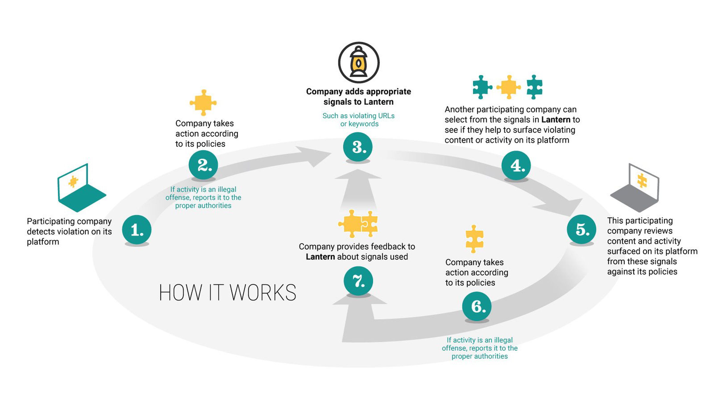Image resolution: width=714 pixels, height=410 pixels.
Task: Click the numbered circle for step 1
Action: (x=137, y=230)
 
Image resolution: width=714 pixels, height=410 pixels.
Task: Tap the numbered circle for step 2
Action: (x=203, y=165)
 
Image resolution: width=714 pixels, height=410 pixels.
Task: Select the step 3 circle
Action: (x=358, y=147)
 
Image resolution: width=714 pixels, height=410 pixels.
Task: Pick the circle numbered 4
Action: (x=516, y=165)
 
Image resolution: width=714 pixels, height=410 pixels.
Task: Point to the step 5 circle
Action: (x=581, y=229)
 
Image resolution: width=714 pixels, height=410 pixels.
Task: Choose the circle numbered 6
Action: (x=477, y=306)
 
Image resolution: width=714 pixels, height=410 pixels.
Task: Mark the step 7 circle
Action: (x=358, y=281)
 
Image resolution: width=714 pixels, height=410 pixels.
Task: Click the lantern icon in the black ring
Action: (x=359, y=63)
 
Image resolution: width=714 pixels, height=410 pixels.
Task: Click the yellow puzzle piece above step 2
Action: (x=203, y=102)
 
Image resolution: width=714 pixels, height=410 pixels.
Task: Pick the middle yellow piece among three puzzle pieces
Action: (x=508, y=87)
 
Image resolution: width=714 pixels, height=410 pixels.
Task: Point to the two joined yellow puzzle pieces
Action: (x=358, y=223)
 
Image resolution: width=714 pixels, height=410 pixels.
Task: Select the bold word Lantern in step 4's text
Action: (x=556, y=120)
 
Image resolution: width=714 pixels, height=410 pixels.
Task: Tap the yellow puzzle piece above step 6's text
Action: (x=474, y=239)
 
